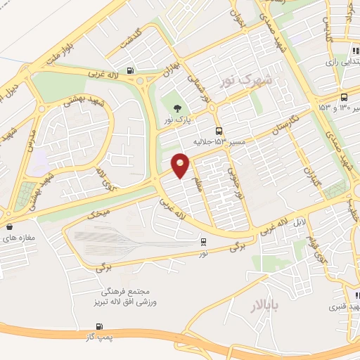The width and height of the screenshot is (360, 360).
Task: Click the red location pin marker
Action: [181, 165]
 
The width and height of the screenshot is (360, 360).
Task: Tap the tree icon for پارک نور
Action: [176, 107]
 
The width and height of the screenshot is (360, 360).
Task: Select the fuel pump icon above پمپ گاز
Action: [99, 327]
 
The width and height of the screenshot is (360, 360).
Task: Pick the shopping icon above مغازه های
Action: [10, 226]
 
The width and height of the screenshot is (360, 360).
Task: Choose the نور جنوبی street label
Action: [234, 168]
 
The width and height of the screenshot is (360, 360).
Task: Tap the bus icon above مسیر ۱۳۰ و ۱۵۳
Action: [343, 98]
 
